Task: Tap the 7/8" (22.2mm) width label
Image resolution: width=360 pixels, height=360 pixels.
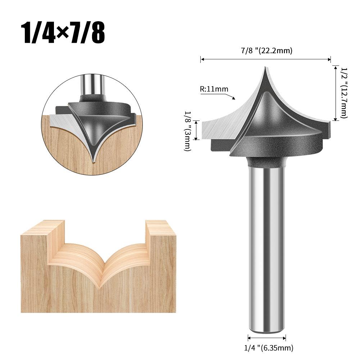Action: (266, 51)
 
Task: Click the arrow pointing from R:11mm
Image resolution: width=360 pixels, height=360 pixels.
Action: (230, 96)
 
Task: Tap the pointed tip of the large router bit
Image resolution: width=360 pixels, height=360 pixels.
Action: (266, 68)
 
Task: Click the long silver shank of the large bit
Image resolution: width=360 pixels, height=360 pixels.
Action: (267, 245)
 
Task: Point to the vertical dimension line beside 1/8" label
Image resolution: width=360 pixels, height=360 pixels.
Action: (196, 131)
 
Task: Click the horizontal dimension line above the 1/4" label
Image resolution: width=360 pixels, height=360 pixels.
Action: (267, 338)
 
